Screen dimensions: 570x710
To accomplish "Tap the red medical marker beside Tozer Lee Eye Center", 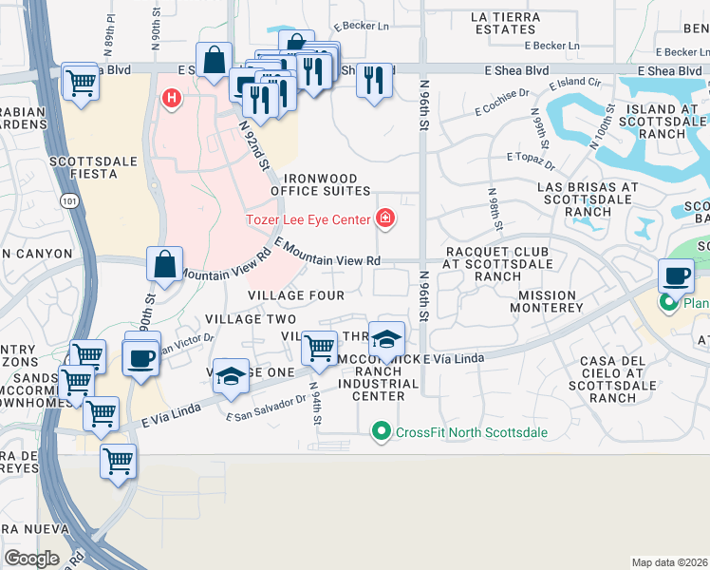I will [385, 219].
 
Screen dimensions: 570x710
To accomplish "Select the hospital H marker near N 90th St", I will [172, 97].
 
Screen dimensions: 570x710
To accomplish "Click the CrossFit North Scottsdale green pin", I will [382, 432].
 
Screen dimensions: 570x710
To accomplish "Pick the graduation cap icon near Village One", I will [231, 375].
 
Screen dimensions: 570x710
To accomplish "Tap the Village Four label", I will [296, 295].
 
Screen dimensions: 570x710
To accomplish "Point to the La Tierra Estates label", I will [505, 23].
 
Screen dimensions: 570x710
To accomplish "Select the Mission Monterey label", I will [546, 301].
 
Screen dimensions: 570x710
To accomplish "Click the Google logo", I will [32, 559].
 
